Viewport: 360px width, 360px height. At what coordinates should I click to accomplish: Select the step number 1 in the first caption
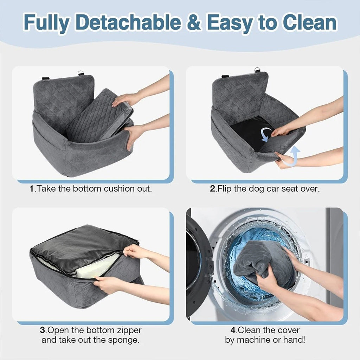pos(32,189)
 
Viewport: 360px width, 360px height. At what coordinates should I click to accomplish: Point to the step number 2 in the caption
pos(213,189)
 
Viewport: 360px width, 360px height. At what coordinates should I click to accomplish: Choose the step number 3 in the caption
pos(43,330)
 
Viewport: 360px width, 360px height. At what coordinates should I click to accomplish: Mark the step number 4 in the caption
pos(233,330)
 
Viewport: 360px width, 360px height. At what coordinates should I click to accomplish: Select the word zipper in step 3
pos(129,331)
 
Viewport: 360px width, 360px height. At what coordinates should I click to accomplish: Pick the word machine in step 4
pos(252,340)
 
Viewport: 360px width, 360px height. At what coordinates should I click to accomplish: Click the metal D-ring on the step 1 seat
pos(81,73)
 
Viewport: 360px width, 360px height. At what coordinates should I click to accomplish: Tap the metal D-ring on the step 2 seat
pos(257,70)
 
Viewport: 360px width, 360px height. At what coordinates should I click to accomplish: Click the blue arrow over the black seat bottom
pos(266,135)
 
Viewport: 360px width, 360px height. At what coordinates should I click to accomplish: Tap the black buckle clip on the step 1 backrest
pos(45,78)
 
